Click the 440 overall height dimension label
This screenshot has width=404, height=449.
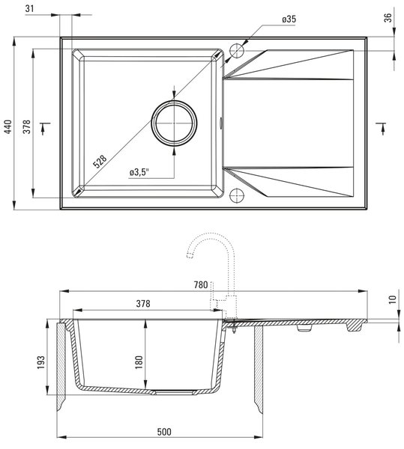pos(8,126)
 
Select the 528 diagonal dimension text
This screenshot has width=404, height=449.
pos(100,162)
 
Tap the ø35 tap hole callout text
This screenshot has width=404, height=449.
pos(289,19)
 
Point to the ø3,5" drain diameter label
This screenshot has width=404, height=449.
pos(139,172)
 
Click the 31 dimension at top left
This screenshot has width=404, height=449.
pos(29,8)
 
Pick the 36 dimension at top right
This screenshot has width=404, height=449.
pos(388,18)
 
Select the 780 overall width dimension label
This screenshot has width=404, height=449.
pos(201,285)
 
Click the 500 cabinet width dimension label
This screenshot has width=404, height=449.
pos(164,432)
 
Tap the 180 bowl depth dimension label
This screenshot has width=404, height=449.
pos(139,362)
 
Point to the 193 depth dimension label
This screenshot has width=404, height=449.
pos(41,362)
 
